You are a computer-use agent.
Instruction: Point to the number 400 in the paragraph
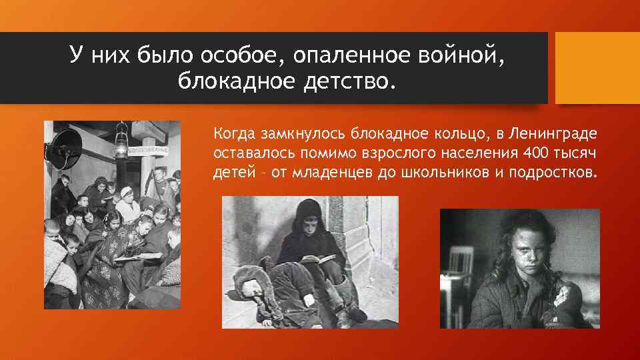(x=535, y=153)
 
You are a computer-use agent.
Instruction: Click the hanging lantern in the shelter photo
(x=122, y=141)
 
